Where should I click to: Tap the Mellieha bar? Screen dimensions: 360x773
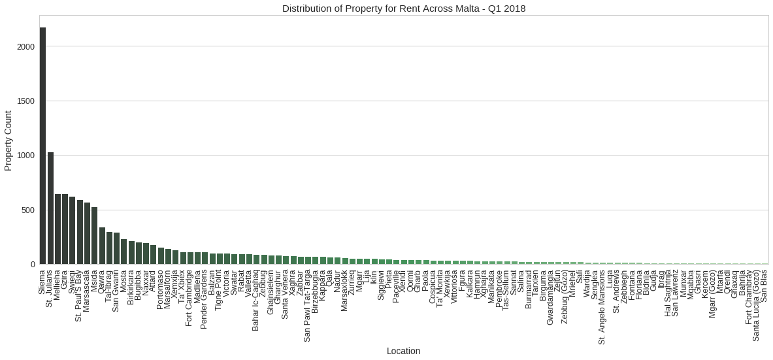[x=58, y=229]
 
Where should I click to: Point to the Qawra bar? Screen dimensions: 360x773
[x=102, y=246]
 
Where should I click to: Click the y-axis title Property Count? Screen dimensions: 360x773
[x=8, y=140]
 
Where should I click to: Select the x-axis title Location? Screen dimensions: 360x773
[x=403, y=351]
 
